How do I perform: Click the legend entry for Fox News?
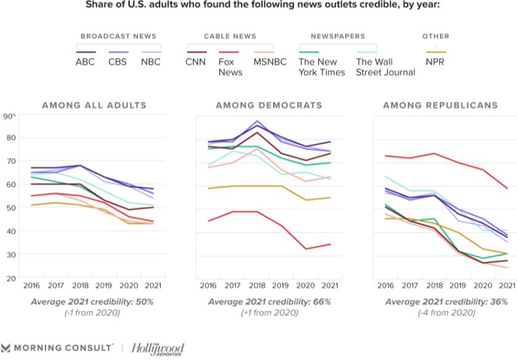[x=230, y=67]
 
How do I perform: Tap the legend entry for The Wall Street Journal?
[x=385, y=67]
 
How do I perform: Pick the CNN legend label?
[x=196, y=62]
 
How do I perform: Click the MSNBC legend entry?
[x=269, y=62]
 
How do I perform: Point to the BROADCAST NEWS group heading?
[x=118, y=36]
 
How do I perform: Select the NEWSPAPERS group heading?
[x=338, y=36]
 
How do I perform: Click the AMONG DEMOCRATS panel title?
[x=269, y=105]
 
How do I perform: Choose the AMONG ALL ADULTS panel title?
[x=94, y=105]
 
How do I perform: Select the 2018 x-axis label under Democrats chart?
[x=257, y=285]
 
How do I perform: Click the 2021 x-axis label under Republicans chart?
[x=506, y=285]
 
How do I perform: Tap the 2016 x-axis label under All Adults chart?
[x=31, y=285]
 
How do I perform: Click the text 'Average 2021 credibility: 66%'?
[x=269, y=302]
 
